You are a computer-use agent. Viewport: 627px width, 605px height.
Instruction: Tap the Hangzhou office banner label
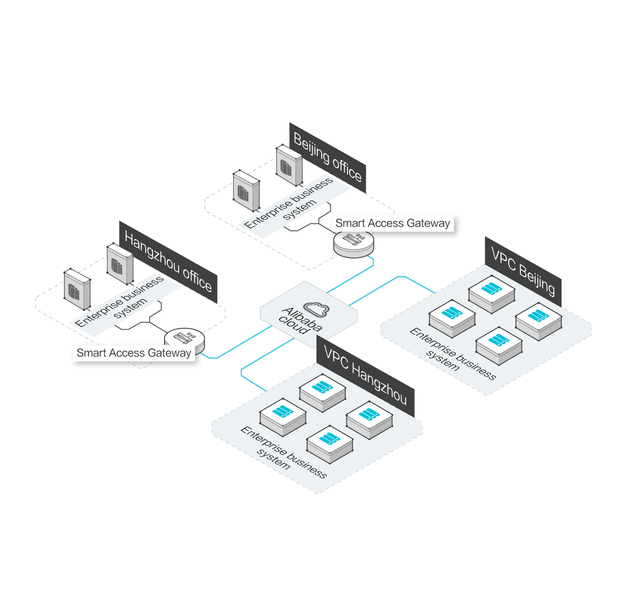[x=168, y=261]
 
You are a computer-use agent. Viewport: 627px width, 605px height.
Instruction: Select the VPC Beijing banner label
[x=523, y=271]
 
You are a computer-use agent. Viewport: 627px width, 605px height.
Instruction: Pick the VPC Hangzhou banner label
[x=365, y=376]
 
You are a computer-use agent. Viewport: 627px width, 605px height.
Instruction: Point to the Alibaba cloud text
[x=300, y=321]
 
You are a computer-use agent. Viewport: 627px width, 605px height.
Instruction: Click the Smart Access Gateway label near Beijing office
[x=392, y=223]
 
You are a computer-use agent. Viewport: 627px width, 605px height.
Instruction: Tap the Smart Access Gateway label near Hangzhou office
[x=134, y=353]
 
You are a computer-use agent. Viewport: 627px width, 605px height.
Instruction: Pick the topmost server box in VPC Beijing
[x=491, y=294]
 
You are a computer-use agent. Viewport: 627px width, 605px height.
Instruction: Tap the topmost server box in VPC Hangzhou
[x=322, y=393]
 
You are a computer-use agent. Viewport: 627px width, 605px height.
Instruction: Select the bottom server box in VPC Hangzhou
[x=330, y=444]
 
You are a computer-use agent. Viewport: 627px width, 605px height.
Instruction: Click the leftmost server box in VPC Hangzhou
[x=283, y=417]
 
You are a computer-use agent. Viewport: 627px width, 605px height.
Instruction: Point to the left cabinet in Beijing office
[x=246, y=190]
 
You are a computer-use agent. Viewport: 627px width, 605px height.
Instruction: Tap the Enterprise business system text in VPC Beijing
[x=453, y=354]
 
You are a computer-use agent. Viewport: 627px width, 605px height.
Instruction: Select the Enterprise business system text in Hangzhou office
[x=119, y=301]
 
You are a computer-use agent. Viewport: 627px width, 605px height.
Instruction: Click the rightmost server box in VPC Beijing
[x=538, y=321]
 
